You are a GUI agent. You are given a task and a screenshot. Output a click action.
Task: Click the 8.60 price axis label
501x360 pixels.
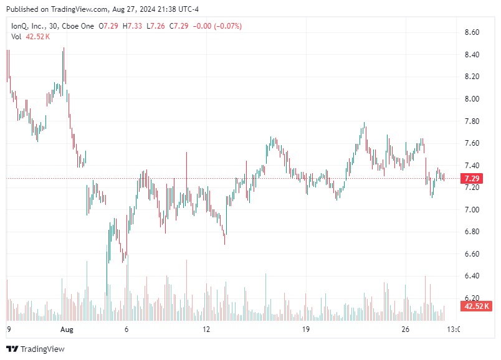(472, 32)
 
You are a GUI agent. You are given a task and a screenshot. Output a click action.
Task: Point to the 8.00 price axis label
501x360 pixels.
(472, 99)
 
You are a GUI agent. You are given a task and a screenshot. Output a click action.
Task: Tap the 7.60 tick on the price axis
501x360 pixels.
(472, 143)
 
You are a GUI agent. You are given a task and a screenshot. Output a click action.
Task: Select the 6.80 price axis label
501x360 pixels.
(472, 232)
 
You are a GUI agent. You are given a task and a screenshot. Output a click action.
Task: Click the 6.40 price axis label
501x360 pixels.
(472, 276)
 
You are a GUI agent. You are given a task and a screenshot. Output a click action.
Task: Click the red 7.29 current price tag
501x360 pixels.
(472, 179)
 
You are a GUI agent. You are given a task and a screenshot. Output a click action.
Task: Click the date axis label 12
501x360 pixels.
(207, 329)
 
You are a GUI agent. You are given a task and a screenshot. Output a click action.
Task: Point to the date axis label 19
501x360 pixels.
(305, 329)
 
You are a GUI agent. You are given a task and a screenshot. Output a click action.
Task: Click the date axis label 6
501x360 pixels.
(126, 329)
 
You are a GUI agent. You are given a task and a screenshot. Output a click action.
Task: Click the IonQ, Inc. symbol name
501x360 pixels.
(29, 26)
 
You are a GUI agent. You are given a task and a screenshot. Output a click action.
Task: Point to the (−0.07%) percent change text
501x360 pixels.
(226, 26)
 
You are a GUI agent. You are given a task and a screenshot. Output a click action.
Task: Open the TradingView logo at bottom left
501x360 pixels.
(36, 349)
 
